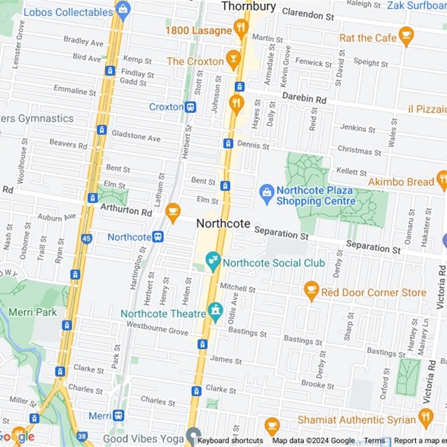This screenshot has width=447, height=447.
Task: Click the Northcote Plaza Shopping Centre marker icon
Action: tap(267, 192)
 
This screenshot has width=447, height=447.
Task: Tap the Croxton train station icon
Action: tap(191, 107)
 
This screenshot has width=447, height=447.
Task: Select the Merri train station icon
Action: tap(118, 416)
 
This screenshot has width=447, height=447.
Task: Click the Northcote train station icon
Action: tap(158, 237)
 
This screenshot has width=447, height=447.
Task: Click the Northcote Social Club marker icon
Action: tap(213, 260)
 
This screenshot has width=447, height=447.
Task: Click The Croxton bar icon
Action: tap(232, 59)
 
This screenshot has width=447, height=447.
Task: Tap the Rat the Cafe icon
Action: tap(406, 35)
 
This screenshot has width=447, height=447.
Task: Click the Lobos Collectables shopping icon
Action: tap(123, 8)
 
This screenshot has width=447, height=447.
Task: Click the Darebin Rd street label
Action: tap(304, 98)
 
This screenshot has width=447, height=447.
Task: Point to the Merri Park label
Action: tap(39, 312)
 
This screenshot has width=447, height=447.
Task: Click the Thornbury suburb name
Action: tap(249, 6)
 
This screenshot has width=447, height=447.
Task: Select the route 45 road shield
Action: tap(86, 239)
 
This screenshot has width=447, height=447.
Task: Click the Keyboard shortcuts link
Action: tap(230, 441)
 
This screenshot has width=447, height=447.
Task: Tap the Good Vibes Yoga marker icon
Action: tap(193, 435)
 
